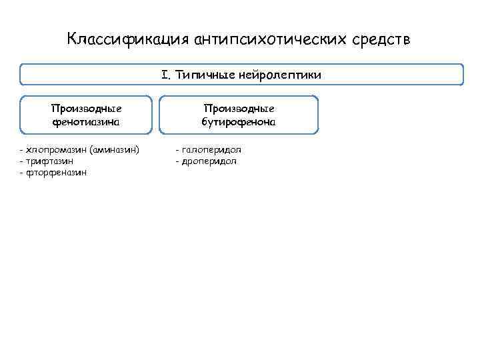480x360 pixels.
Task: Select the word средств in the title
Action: coord(383,39)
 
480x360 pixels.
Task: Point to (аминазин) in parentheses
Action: coord(114,149)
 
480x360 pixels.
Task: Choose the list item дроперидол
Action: coord(208,161)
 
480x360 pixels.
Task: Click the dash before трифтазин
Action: coord(22,161)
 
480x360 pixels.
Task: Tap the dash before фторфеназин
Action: coord(22,173)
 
